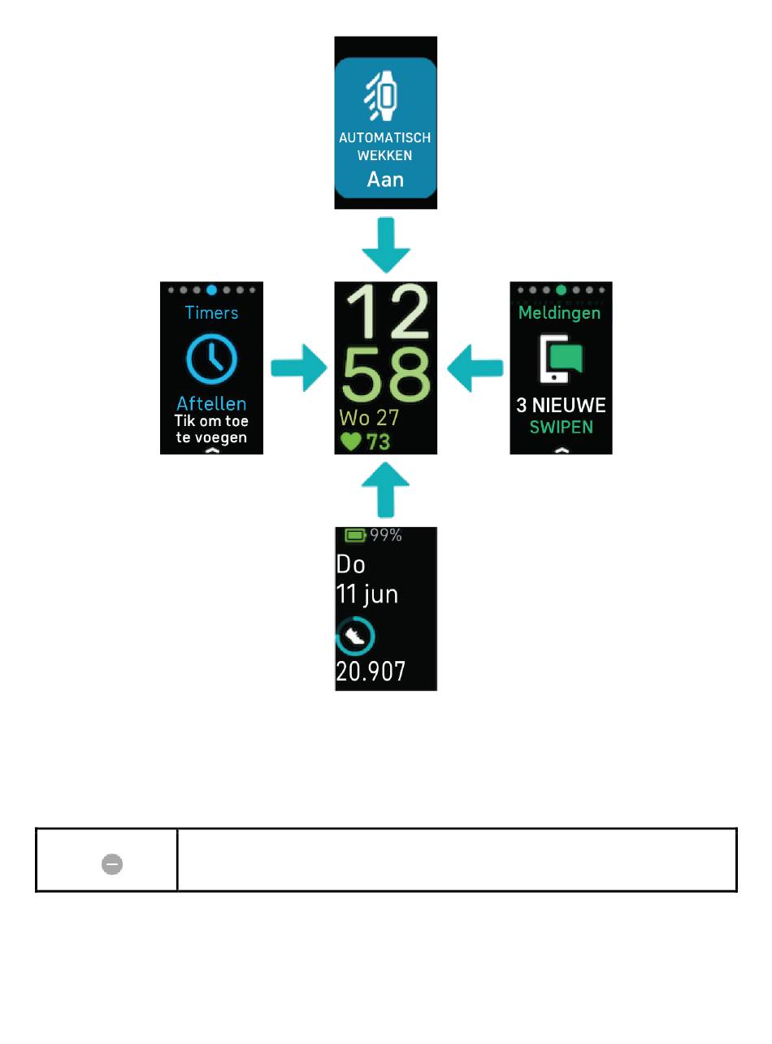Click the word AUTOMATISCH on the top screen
[x=385, y=137]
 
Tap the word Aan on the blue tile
[x=385, y=180]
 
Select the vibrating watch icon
[x=380, y=96]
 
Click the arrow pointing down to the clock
[x=386, y=245]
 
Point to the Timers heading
[x=211, y=312]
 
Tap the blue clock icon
[x=212, y=359]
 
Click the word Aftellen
[x=211, y=403]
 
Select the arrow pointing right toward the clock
[x=299, y=368]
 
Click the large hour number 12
[x=387, y=311]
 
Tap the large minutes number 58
[x=386, y=374]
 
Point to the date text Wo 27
[x=369, y=417]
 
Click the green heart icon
[x=350, y=442]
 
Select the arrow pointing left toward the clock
[x=475, y=368]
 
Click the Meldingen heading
[x=559, y=313]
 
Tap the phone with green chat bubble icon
[x=561, y=359]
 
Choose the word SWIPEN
[x=562, y=427]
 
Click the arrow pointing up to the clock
[x=386, y=489]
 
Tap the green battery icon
[x=356, y=535]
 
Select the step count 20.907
[x=371, y=672]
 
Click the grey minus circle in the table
[x=112, y=864]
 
